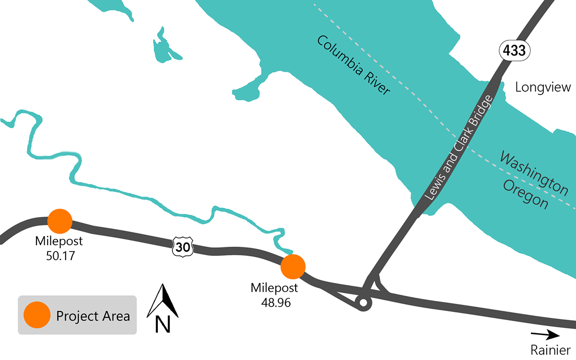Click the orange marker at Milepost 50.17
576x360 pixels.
(x=60, y=221)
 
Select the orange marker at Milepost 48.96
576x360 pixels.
(x=293, y=266)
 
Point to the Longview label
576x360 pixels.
(x=543, y=87)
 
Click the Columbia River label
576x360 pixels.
(x=353, y=65)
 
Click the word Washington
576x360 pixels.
(x=534, y=174)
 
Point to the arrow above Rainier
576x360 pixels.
(x=545, y=335)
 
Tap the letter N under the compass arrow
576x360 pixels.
(x=163, y=325)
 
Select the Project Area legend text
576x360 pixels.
(x=93, y=316)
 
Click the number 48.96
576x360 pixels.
(x=274, y=302)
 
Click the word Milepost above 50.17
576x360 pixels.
(x=60, y=241)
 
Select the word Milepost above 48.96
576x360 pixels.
(x=274, y=288)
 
